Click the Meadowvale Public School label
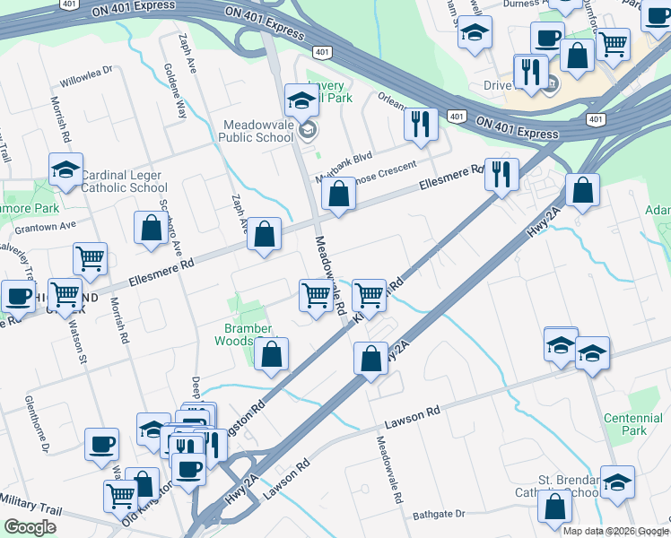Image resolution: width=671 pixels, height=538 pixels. pyautogui.click(x=257, y=132)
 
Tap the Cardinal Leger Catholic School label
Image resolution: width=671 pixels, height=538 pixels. pyautogui.click(x=124, y=182)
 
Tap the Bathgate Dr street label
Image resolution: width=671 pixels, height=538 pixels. pyautogui.click(x=440, y=515)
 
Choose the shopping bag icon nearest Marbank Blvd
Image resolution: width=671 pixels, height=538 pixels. pyautogui.click(x=337, y=194)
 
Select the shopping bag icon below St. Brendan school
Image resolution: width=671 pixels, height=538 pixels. pyautogui.click(x=555, y=507)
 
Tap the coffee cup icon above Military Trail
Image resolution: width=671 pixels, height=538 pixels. pyautogui.click(x=101, y=443)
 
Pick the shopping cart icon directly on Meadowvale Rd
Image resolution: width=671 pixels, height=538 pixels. pyautogui.click(x=316, y=294)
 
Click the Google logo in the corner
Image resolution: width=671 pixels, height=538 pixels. pyautogui.click(x=29, y=527)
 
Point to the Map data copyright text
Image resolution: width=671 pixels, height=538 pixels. pyautogui.click(x=615, y=531)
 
